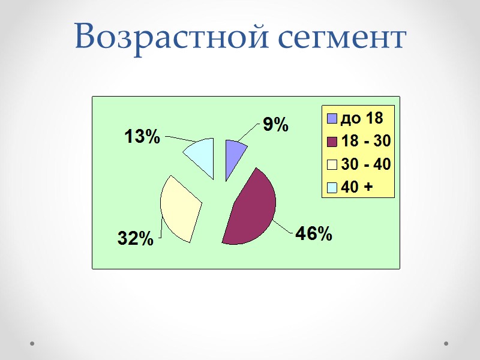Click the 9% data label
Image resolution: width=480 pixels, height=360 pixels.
pos(275,125)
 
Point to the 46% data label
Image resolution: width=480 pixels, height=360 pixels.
pos(313,234)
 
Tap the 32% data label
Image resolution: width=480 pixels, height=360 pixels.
pos(135,238)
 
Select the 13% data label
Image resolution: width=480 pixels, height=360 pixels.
pos(142,137)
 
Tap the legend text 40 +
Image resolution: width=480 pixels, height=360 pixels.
pos(356,187)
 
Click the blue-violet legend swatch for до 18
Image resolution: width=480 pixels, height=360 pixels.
pos(332,118)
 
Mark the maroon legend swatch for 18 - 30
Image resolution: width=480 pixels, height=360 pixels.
pos(332,141)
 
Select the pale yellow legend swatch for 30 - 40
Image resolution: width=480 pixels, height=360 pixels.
pos(332,164)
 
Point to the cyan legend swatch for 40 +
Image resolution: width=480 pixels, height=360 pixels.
pos(332,187)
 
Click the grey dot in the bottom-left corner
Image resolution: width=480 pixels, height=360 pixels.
pos(32,344)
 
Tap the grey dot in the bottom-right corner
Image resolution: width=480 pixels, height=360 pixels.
pos(446,344)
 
